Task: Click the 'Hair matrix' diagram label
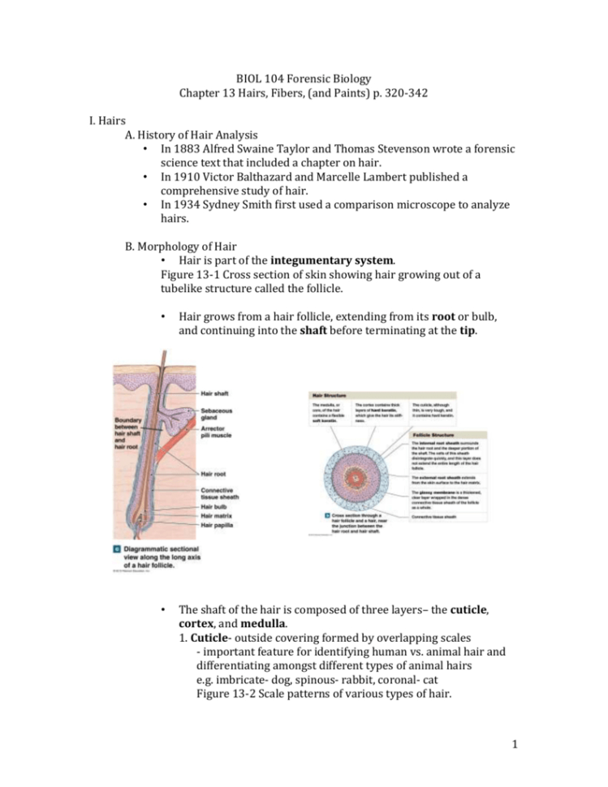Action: tap(218, 516)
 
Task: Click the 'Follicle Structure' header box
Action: tap(433, 435)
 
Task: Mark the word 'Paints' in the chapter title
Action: tap(357, 93)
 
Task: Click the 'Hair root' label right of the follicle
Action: tap(214, 473)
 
